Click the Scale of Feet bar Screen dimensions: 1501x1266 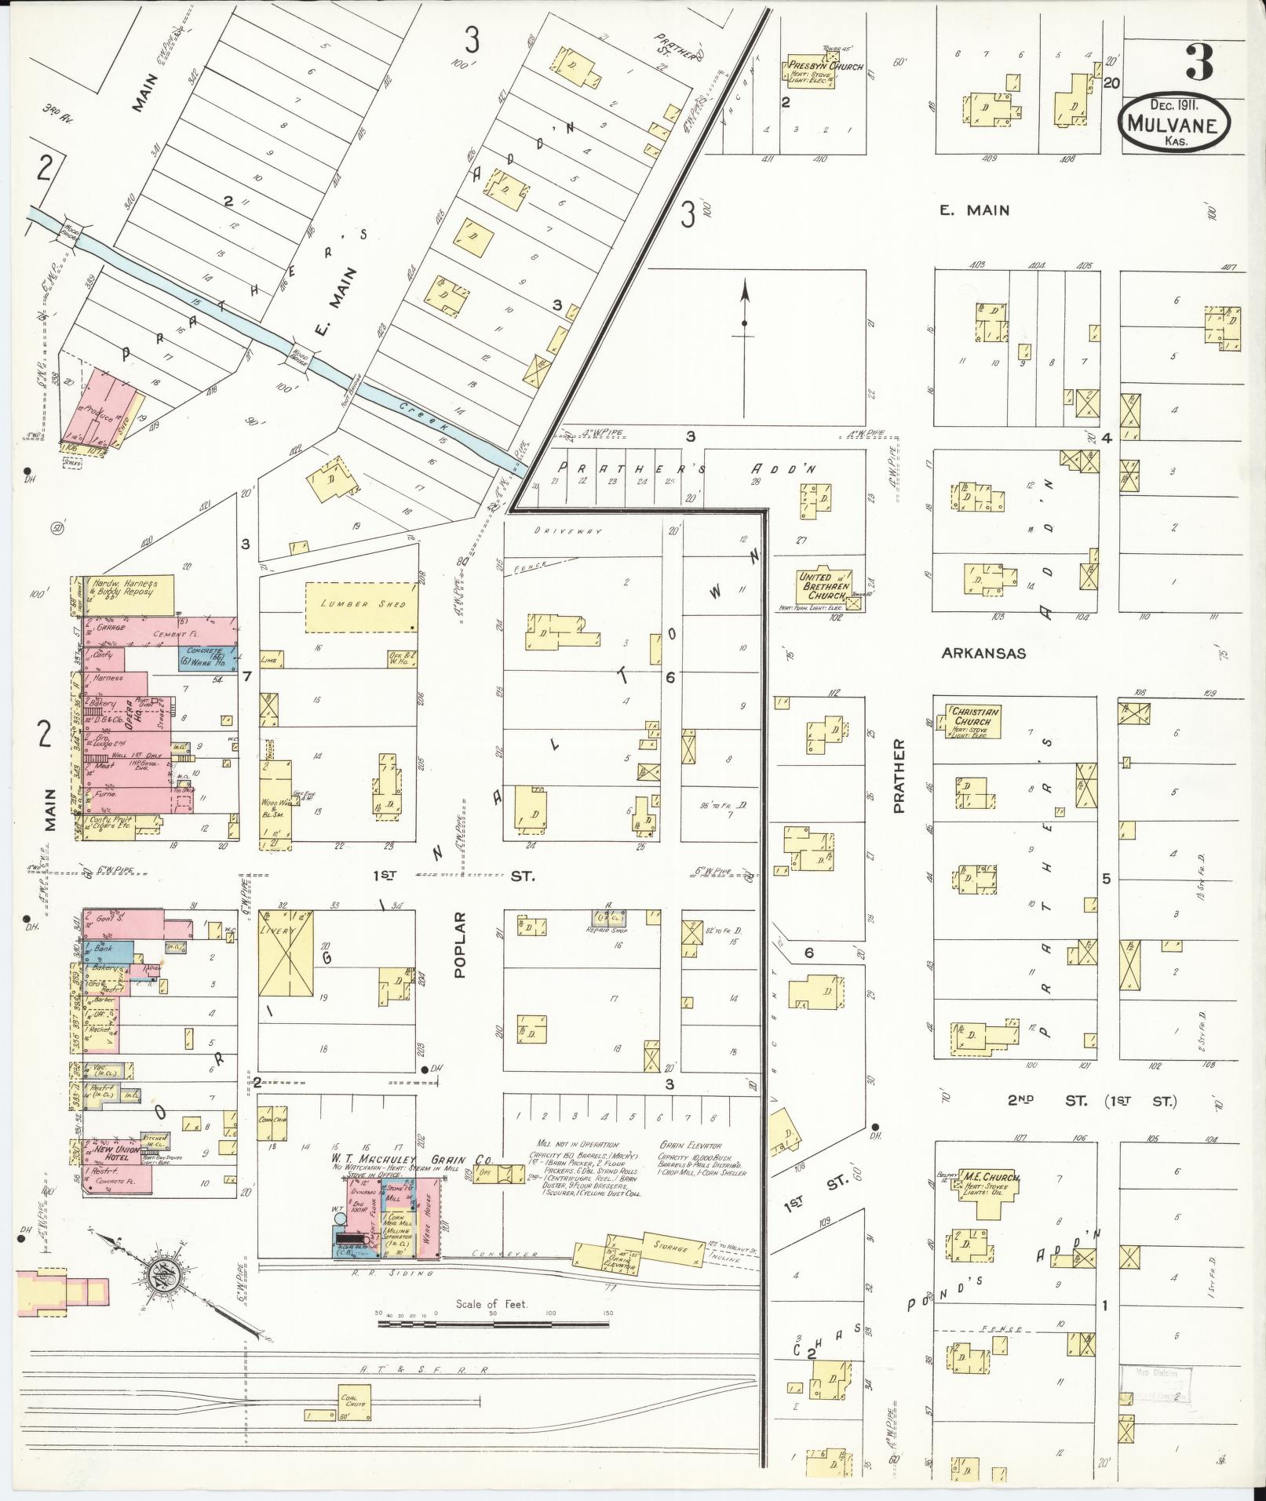493,1323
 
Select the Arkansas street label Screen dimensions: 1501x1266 983,654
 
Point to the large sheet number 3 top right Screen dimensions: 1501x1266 1199,62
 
